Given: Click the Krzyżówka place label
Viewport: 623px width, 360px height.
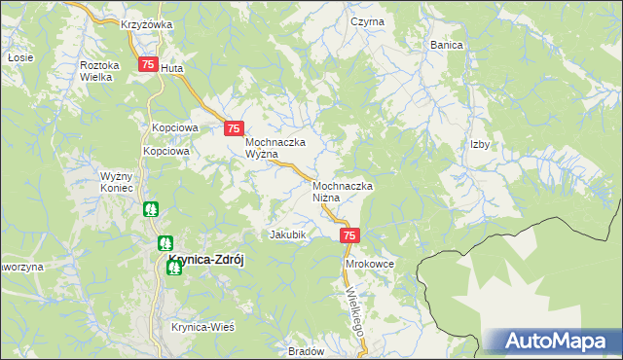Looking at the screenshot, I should (146, 24).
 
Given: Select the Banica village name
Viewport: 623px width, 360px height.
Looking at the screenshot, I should (446, 45).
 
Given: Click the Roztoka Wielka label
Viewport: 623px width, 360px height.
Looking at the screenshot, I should (99, 70).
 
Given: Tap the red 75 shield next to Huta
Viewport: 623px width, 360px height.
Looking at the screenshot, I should (147, 64).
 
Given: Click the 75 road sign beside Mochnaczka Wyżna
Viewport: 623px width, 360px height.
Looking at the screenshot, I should (234, 127).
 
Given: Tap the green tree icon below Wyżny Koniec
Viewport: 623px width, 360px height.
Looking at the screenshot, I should (151, 209).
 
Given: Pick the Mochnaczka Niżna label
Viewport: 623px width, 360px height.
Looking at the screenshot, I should (344, 191).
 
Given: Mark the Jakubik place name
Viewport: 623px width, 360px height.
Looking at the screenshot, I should (288, 234).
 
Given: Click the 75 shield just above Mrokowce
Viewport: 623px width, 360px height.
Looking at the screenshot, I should (350, 235).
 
